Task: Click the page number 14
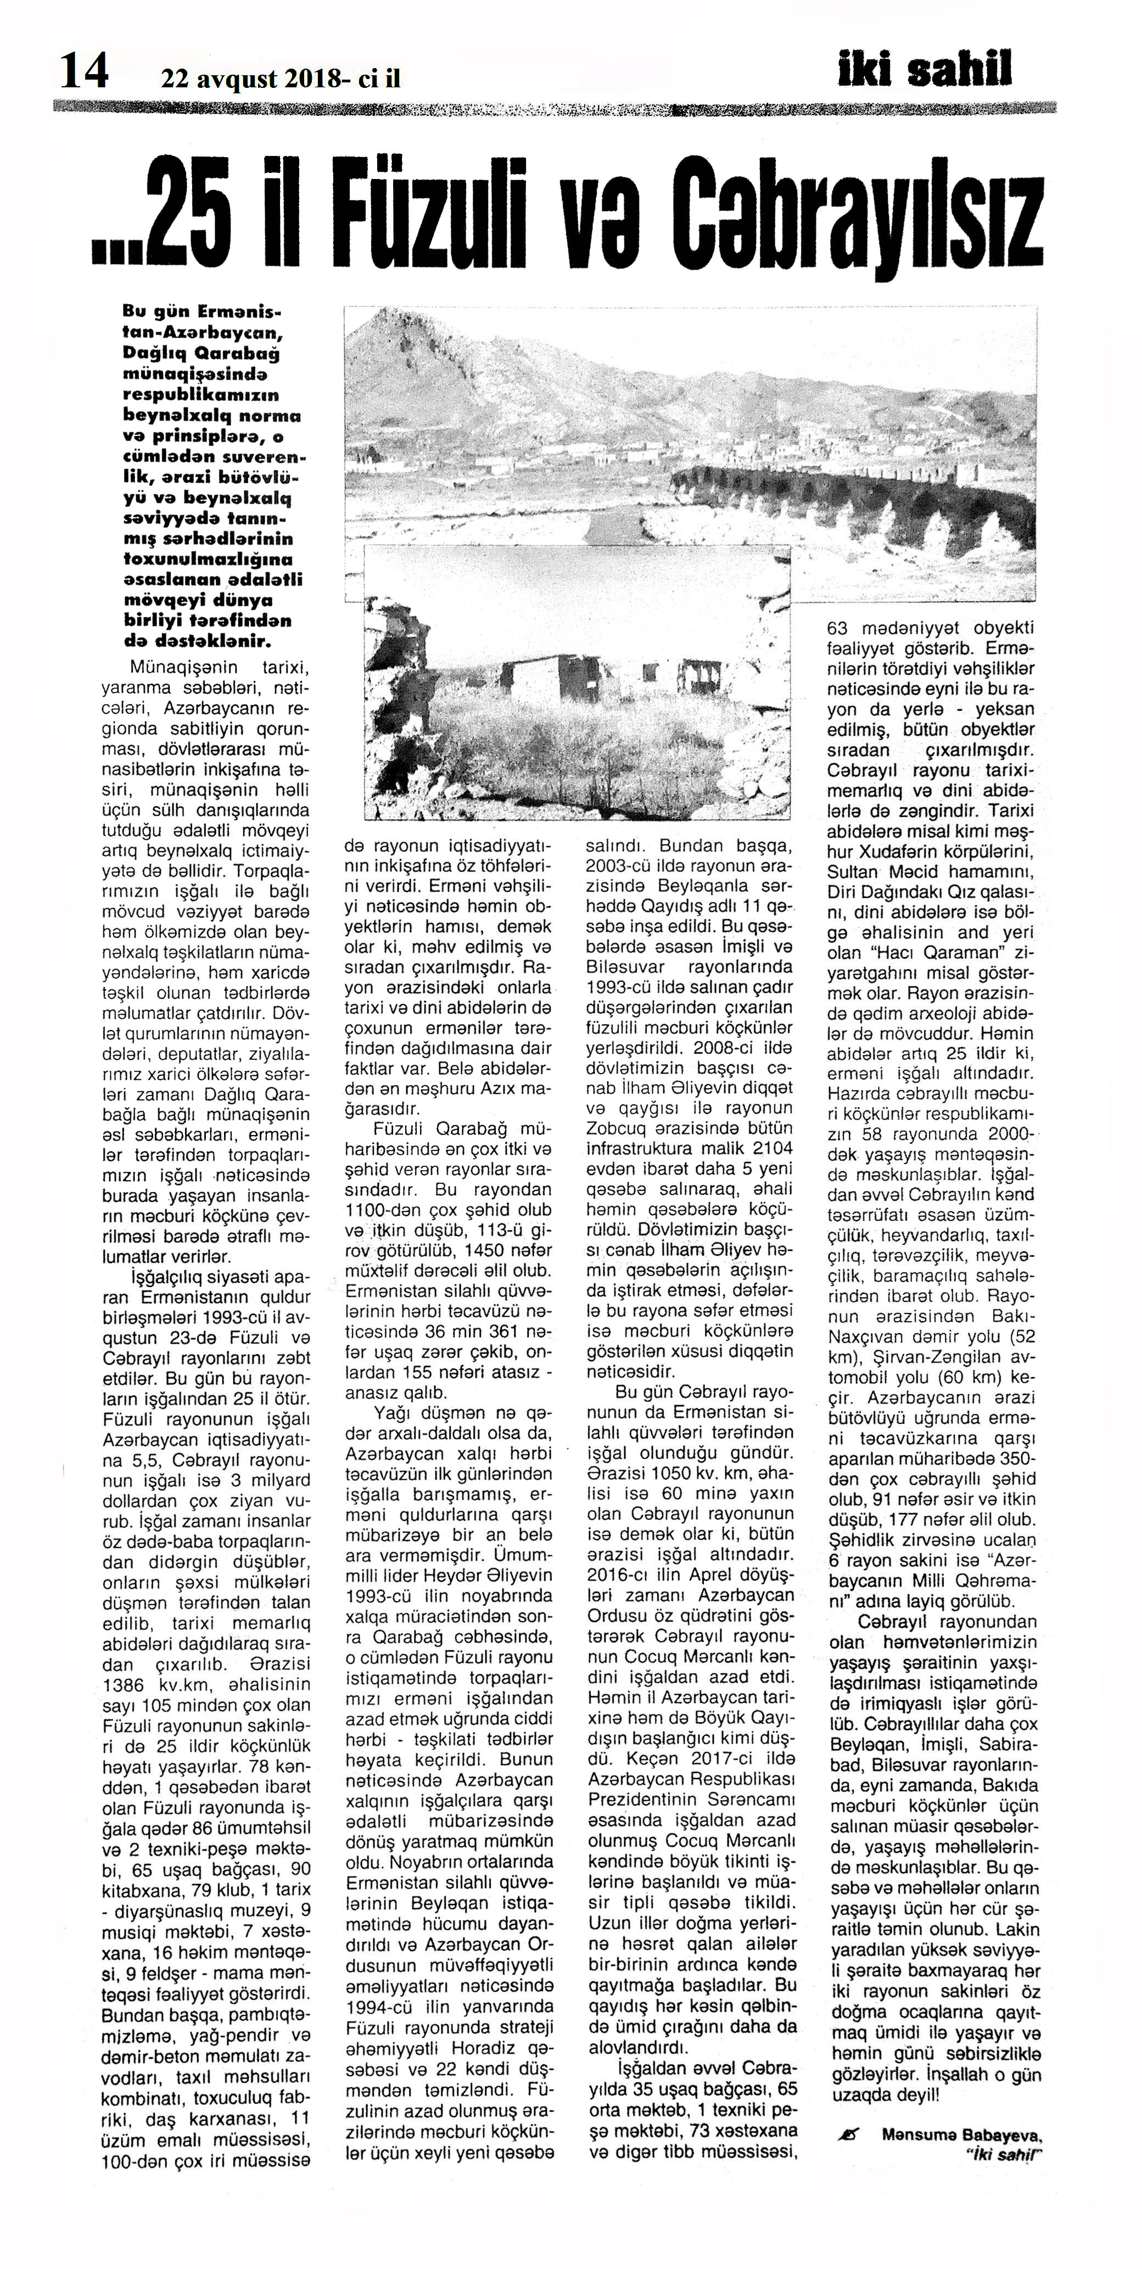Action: click(83, 70)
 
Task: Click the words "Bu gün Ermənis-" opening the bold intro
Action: click(203, 312)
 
